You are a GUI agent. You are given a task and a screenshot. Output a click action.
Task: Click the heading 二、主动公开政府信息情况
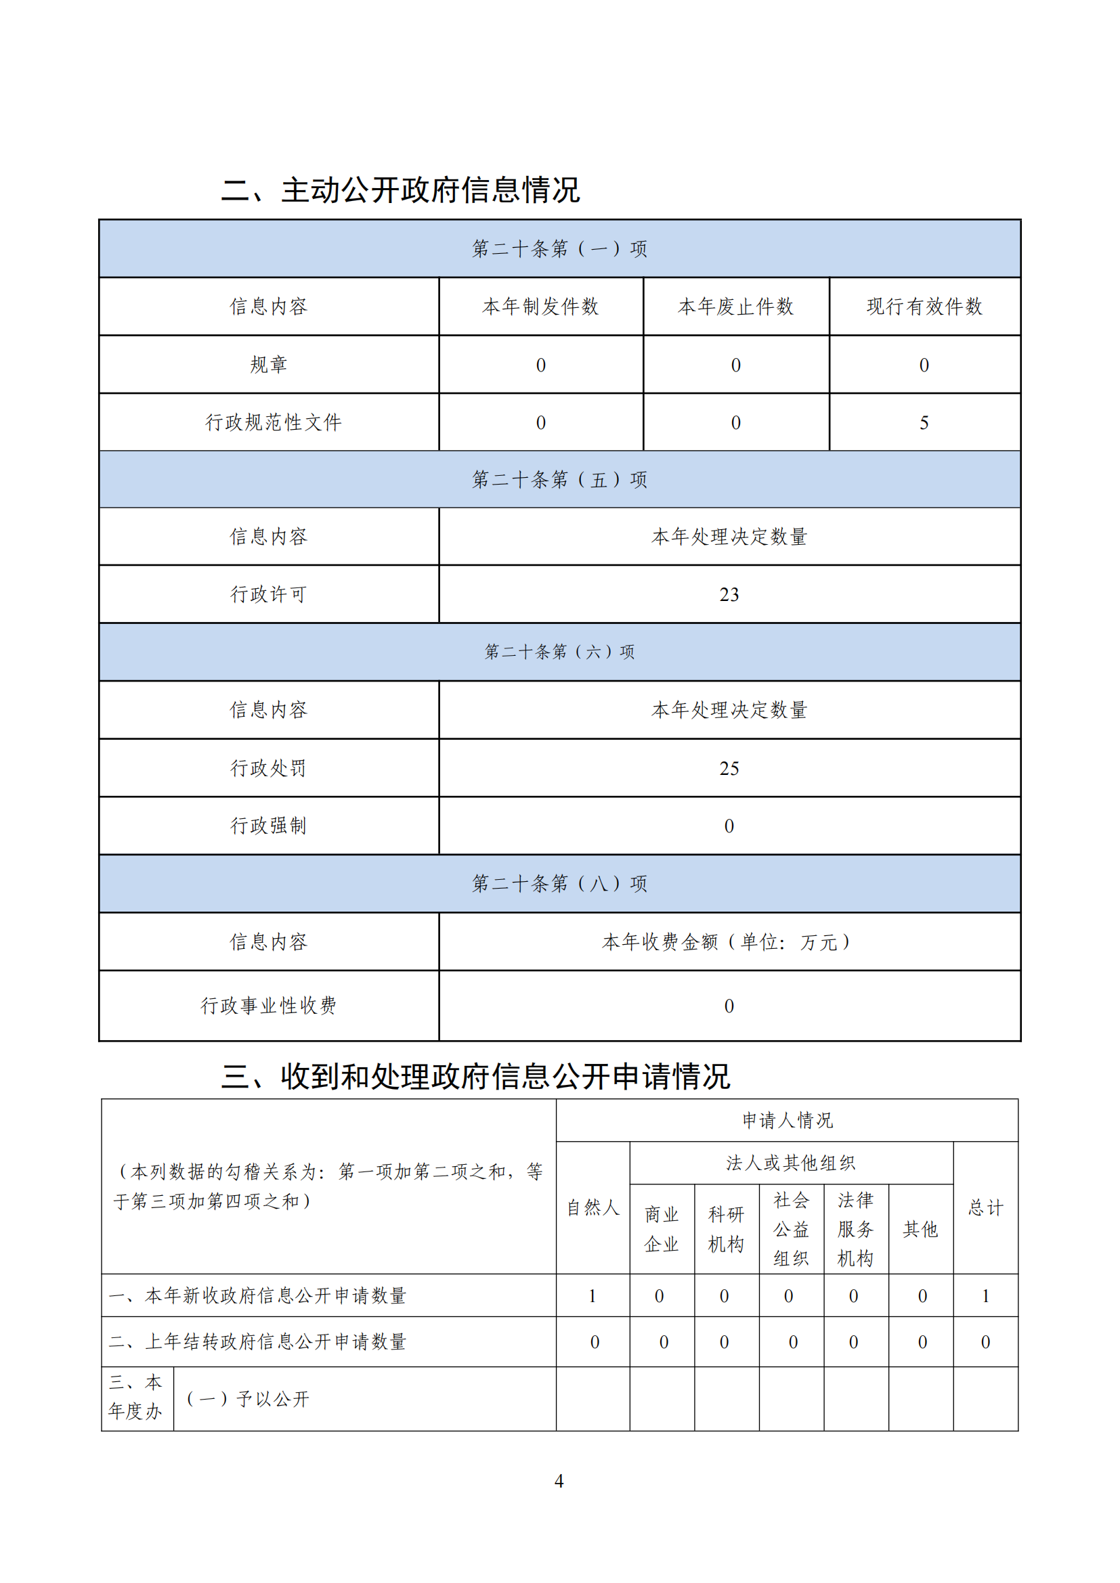coord(400,190)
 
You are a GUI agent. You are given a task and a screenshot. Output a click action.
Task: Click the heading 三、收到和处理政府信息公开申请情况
coord(475,1076)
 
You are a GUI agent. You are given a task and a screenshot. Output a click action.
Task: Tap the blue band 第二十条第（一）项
coord(559,249)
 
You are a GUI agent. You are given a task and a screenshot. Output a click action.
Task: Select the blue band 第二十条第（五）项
coord(559,479)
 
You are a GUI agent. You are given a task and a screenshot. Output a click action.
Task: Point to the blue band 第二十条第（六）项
coord(559,652)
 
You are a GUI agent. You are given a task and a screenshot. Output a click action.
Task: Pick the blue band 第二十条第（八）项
coord(559,883)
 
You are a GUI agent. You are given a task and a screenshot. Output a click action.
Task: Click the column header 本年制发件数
coord(540,307)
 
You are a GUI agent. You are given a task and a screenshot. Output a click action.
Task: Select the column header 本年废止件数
coord(736,307)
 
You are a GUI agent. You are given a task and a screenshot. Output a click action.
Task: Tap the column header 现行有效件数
coord(924,307)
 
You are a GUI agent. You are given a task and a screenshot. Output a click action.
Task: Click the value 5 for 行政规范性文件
coord(924,422)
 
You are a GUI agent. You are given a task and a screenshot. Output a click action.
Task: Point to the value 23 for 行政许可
coord(729,594)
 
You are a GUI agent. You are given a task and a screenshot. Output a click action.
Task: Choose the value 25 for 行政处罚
coord(729,768)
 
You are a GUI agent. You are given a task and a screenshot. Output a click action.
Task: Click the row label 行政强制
coord(268,825)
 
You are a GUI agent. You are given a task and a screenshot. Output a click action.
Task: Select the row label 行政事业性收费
coord(268,1005)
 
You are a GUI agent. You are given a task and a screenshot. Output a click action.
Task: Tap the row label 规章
coord(268,365)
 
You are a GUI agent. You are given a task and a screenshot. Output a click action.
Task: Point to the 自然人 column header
coord(593,1207)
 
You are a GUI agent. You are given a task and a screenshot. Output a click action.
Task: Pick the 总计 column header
coord(985,1207)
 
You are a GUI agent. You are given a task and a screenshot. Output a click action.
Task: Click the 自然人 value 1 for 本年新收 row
coord(593,1296)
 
